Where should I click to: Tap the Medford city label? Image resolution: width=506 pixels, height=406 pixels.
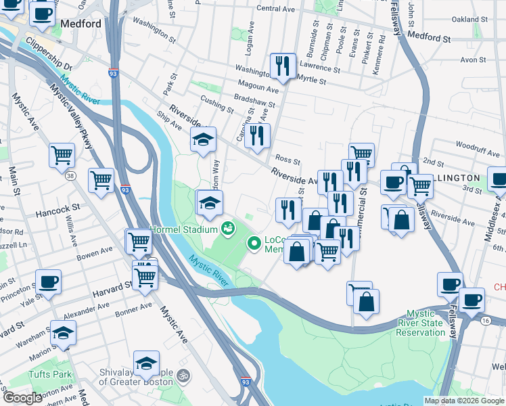click(80, 24)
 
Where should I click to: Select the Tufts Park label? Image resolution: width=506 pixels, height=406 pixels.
click(50, 374)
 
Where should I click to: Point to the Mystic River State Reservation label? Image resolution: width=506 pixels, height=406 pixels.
click(434, 323)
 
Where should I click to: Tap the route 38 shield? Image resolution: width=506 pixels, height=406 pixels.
click(72, 176)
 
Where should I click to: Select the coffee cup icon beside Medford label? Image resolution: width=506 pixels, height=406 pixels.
click(42, 14)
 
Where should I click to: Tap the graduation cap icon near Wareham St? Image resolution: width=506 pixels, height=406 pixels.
click(63, 333)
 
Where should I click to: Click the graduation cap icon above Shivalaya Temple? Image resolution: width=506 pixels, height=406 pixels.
click(147, 363)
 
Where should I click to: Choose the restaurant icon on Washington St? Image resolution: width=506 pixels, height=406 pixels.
click(282, 66)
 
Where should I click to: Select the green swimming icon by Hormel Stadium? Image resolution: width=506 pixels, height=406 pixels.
click(229, 228)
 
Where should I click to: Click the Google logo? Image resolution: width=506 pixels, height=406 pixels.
click(22, 398)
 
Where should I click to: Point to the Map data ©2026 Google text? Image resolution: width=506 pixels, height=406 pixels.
click(463, 401)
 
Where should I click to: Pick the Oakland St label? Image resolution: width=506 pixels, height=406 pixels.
click(469, 20)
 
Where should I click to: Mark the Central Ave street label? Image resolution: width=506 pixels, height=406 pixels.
click(276, 9)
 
